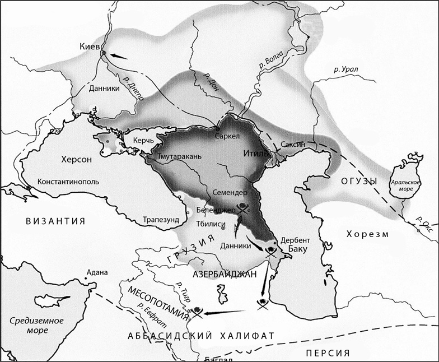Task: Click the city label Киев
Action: [x=91, y=47]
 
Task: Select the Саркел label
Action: [x=227, y=136]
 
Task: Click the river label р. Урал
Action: [x=345, y=69]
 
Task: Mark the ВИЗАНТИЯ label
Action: [x=55, y=221]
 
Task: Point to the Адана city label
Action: [x=95, y=273]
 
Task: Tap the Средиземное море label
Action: [x=37, y=325]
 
